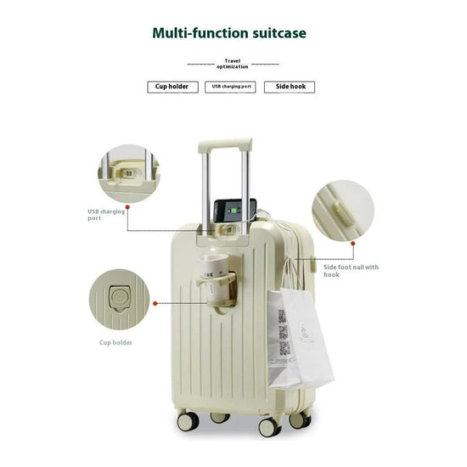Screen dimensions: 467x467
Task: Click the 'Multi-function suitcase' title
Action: [x=229, y=34]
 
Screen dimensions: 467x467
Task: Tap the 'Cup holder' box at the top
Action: [x=172, y=87]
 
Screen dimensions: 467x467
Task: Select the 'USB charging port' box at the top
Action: [x=230, y=87]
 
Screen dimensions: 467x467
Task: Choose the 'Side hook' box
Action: [x=289, y=87]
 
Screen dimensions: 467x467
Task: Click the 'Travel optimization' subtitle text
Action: [x=233, y=64]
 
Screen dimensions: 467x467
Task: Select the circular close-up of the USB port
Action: [x=127, y=173]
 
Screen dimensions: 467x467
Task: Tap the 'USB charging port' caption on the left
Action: [x=106, y=215]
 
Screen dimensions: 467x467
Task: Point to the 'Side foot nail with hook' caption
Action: [x=351, y=270]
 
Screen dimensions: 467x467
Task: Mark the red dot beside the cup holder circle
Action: [x=155, y=301]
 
